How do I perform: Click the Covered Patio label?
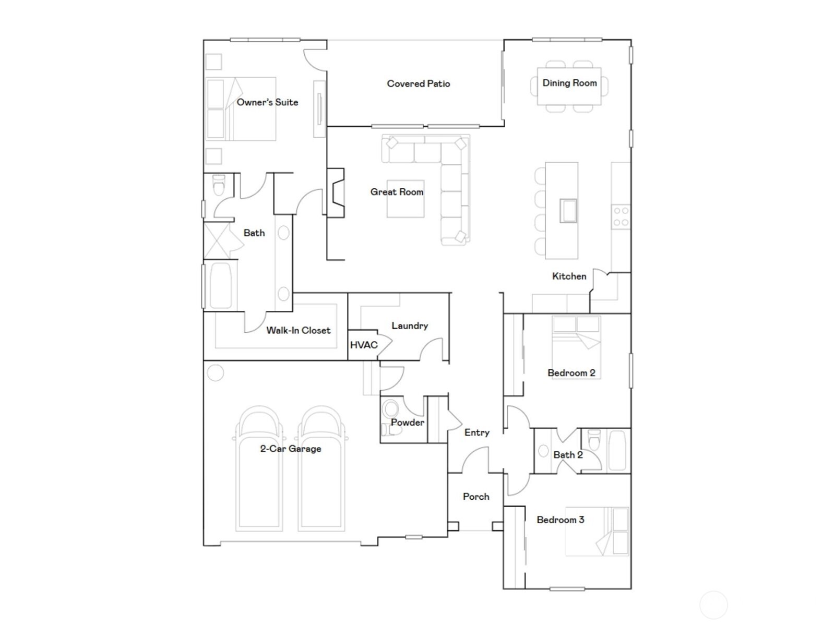pos(418,83)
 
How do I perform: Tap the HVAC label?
pos(364,345)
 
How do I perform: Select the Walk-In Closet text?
pos(298,330)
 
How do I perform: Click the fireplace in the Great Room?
pos(336,192)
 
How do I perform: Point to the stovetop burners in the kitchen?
pos(621,216)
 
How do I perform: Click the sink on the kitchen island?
pos(568,211)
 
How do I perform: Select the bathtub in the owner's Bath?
pos(221,285)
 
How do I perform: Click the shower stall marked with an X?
pos(217,240)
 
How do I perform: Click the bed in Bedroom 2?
pos(576,347)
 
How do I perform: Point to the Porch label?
pos(476,497)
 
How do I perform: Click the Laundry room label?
pos(410,326)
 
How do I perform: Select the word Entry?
pos(476,432)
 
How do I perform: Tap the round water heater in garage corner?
pos(215,372)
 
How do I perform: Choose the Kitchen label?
pos(569,276)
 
